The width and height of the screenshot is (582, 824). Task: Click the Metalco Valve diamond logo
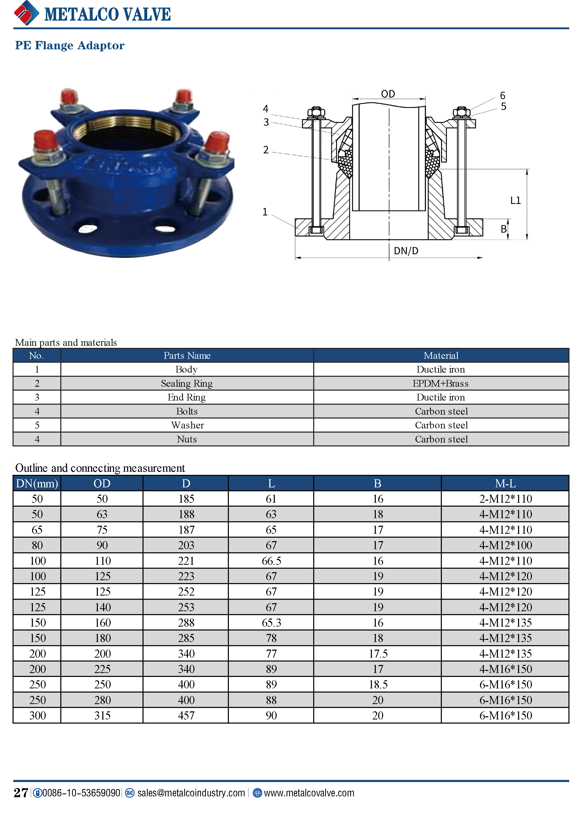tap(26, 13)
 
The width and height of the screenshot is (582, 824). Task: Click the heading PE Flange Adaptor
tap(70, 46)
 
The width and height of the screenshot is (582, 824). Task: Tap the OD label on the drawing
tap(388, 94)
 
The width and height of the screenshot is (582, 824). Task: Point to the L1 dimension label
tap(515, 200)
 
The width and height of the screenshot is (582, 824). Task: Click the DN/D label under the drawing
tap(406, 251)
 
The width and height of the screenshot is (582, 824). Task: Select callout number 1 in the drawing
tap(265, 212)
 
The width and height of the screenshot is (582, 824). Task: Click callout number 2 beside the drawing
tap(266, 150)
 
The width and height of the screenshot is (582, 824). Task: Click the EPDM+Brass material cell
tap(441, 383)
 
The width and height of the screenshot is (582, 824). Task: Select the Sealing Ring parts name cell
tap(187, 383)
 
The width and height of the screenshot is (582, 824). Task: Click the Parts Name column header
tap(187, 355)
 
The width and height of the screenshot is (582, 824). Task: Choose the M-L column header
tap(505, 483)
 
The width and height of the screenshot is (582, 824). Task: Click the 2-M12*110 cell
tap(505, 499)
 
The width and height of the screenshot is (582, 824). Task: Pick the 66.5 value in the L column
tap(271, 561)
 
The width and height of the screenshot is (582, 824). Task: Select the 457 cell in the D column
tap(186, 715)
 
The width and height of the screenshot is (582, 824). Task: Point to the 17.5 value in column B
tap(378, 653)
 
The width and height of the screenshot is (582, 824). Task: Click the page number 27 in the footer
tap(21, 792)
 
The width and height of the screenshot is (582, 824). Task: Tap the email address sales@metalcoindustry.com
tap(191, 793)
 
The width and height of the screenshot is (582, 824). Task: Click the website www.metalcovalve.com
tap(309, 793)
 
